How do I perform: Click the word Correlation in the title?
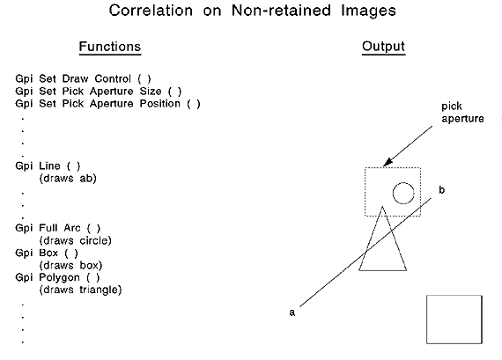point(151,11)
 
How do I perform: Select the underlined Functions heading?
point(110,47)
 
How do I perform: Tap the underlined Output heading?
point(383,47)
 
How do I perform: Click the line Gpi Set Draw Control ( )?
point(83,78)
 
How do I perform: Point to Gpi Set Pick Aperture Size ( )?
point(99,92)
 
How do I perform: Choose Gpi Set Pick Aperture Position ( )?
point(107,104)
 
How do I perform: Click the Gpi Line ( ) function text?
point(48,165)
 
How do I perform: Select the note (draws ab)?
point(68,179)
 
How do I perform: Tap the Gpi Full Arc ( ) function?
point(57,228)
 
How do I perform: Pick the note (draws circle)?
point(75,240)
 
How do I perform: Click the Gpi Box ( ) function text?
point(47,253)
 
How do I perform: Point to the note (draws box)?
point(70,265)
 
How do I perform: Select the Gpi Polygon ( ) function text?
point(57,277)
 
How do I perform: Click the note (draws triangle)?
point(80,290)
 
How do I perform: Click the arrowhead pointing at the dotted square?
point(388,162)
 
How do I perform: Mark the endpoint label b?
point(442,190)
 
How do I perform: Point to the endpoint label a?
point(292,312)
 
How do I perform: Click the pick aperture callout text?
point(462,113)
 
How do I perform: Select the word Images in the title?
point(368,11)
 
